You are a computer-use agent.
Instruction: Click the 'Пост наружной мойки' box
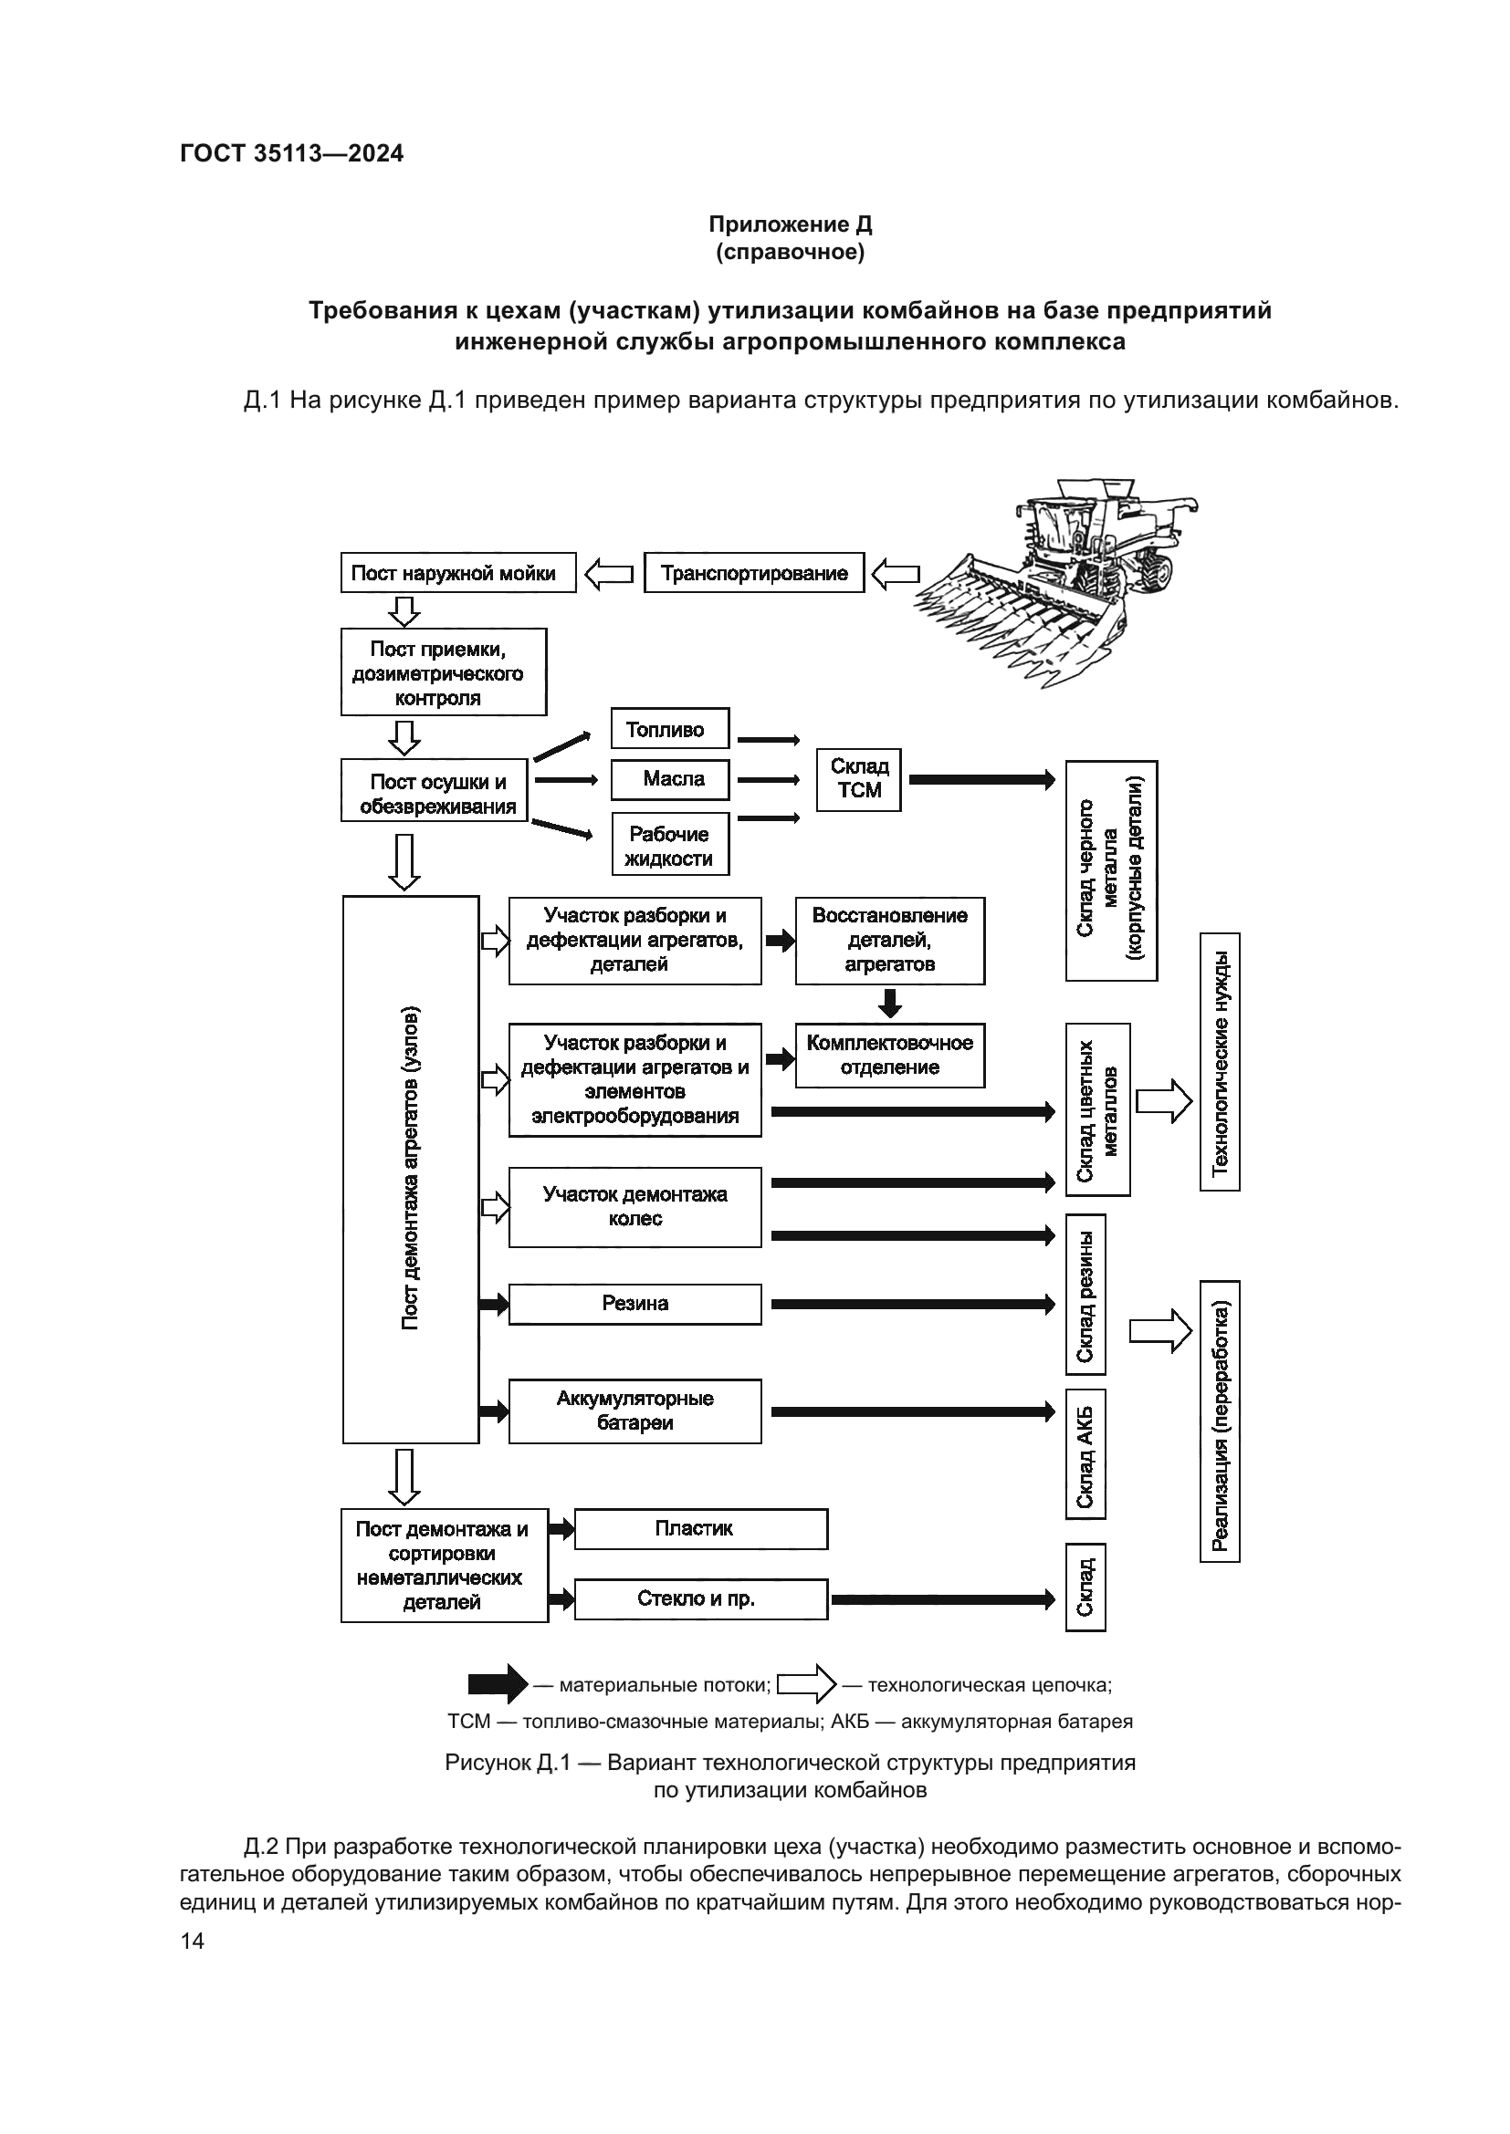[457, 573]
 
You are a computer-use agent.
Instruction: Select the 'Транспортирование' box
[753, 573]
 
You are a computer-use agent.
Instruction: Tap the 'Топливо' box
[669, 729]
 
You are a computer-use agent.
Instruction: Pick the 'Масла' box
[669, 779]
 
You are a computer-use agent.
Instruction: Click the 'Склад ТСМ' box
[858, 779]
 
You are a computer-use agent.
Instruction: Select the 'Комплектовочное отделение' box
[889, 1055]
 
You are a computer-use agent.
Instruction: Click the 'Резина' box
[634, 1304]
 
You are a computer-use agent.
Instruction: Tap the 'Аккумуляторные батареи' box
[634, 1411]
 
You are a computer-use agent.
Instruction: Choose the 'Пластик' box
[700, 1529]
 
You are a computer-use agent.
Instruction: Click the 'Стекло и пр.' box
[700, 1598]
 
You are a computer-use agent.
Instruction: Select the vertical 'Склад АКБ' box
[1085, 1454]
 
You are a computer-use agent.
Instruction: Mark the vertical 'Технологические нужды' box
[1219, 1061]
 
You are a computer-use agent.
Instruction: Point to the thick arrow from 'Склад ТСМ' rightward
[980, 779]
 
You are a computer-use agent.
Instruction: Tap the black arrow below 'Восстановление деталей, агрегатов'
[890, 1003]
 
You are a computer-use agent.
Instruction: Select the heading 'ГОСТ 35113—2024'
[291, 153]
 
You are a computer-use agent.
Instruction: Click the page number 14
[192, 1941]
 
